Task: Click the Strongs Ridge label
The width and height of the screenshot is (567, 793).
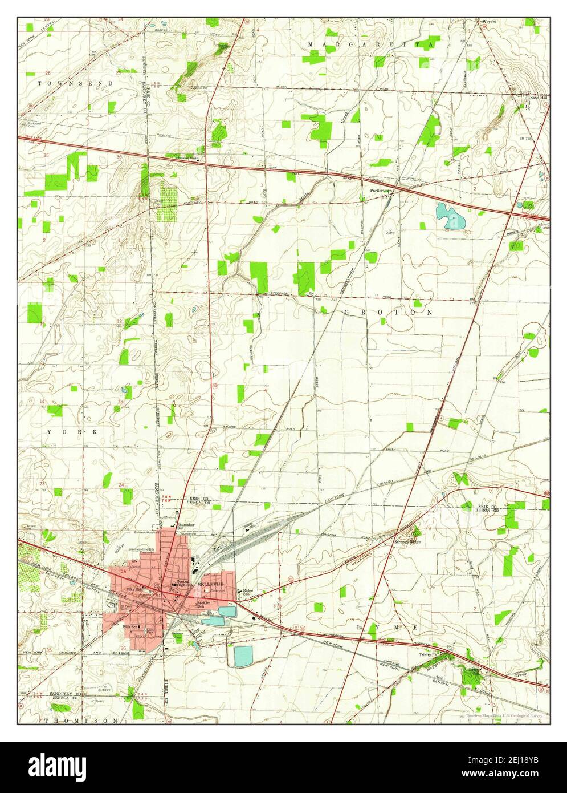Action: (x=407, y=541)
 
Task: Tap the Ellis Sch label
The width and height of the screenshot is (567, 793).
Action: (x=131, y=628)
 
